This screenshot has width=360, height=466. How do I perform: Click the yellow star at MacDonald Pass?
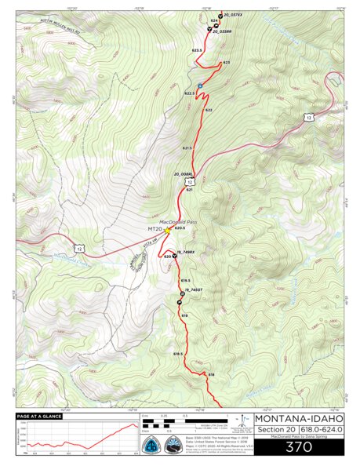tap(167, 230)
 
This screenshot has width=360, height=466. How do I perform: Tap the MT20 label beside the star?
tap(155, 230)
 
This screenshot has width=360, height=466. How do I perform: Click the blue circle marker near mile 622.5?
tap(200, 86)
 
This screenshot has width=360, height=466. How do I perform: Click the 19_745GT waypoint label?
tap(193, 289)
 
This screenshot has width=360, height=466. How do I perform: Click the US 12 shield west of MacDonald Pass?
tap(75, 248)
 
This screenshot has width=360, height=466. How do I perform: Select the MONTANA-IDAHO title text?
tap(298, 418)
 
